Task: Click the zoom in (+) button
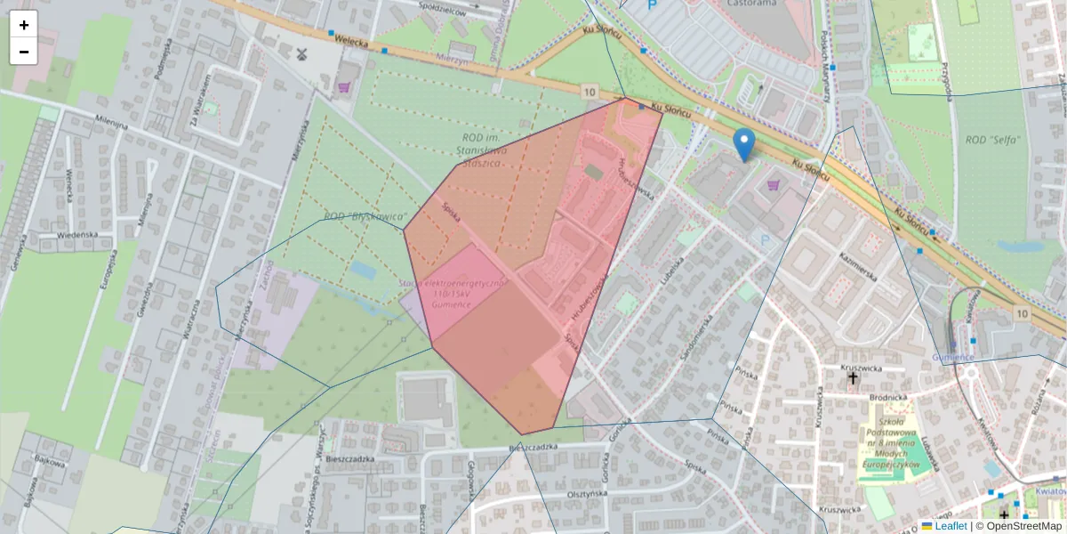pos(24,25)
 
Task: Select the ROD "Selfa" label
pos(991,140)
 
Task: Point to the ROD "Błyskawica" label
pos(365,216)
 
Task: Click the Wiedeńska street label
pos(76,235)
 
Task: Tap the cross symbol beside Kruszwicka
pos(853,378)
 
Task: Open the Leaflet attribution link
pos(950,526)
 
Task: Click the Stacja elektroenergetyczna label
pos(454,293)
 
